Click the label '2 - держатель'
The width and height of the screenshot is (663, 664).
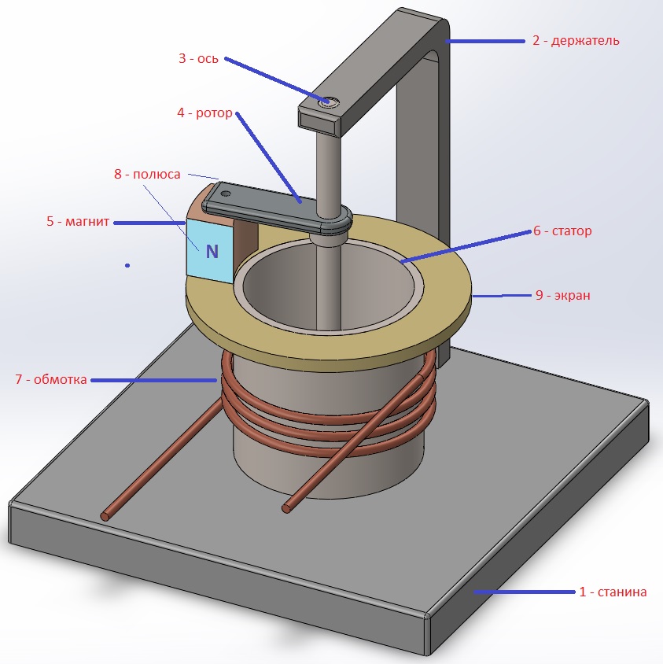(x=576, y=40)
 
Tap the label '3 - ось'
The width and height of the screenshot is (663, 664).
(x=197, y=57)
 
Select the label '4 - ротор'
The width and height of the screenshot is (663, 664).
(x=204, y=113)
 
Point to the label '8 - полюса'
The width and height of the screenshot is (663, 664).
(x=147, y=175)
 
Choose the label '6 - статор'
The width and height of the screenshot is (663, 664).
(x=562, y=231)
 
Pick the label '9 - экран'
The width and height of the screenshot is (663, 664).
(x=562, y=296)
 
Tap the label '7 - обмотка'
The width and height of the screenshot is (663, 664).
(x=51, y=380)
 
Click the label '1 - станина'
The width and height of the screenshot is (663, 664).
(x=613, y=592)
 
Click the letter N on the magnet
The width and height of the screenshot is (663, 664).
(x=212, y=252)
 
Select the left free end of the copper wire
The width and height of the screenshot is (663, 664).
(x=105, y=516)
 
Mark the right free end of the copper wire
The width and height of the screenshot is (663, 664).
(x=286, y=508)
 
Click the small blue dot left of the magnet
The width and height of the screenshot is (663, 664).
(x=127, y=266)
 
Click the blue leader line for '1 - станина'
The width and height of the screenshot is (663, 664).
(x=523, y=592)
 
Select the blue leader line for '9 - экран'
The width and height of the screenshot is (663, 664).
(x=501, y=297)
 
